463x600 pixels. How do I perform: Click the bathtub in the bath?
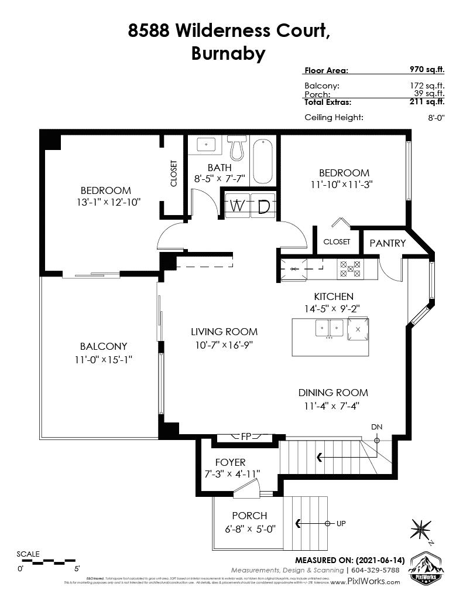[x=263, y=161]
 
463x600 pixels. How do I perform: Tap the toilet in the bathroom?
[x=236, y=148]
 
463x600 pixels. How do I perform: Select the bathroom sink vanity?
[x=205, y=145]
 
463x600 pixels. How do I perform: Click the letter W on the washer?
[x=236, y=206]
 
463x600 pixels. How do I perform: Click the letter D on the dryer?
[x=263, y=206]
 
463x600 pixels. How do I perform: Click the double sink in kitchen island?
[x=328, y=328]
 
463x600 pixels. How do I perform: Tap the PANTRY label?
[x=387, y=243]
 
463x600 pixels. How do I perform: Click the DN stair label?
[x=377, y=428]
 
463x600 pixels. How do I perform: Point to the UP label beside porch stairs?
[x=341, y=523]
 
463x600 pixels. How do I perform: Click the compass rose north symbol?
[x=421, y=529]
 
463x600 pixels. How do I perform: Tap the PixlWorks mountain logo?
[x=425, y=566]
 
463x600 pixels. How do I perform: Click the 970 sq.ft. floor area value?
[x=427, y=70]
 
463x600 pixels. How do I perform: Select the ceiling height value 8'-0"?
[x=436, y=117]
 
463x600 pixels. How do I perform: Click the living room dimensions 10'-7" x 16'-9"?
[x=224, y=345]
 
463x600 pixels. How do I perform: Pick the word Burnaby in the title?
[x=228, y=54]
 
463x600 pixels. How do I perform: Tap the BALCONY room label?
[x=104, y=346]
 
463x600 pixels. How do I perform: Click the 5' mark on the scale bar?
[x=76, y=568]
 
